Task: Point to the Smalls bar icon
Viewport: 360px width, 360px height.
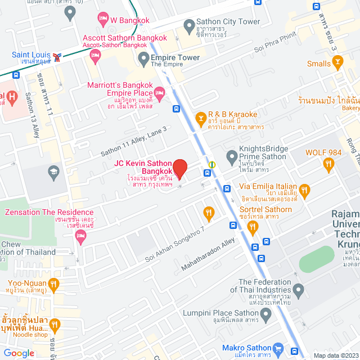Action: coord(338,64)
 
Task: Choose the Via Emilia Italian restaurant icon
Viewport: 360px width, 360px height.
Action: coord(305,191)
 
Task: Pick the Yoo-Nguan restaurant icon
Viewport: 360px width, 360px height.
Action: coord(54,283)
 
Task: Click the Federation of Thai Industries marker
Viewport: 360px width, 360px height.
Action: coord(299,291)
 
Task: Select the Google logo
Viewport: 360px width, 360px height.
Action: coord(19,353)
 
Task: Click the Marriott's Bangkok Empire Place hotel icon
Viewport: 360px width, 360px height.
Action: coord(160,92)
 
